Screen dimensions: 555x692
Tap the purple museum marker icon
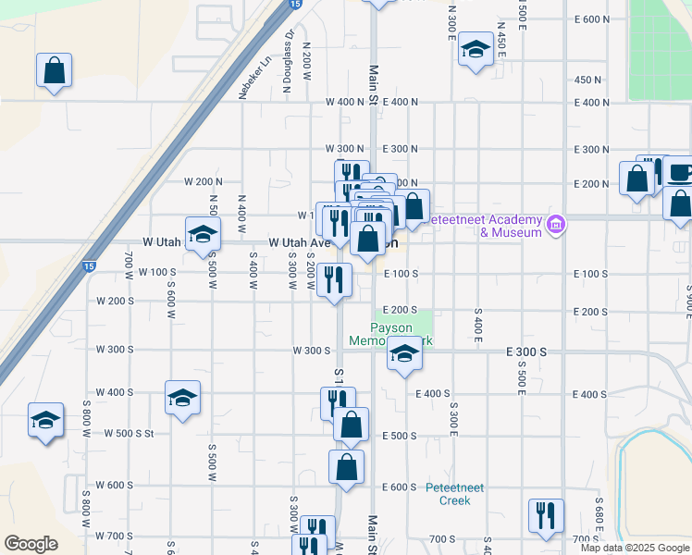click(x=555, y=224)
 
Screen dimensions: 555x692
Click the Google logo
click(x=31, y=544)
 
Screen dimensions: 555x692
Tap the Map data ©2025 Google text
click(x=636, y=548)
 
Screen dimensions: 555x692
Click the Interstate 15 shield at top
click(x=293, y=5)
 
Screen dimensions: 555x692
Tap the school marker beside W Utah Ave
click(x=203, y=233)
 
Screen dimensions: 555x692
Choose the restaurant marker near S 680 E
click(x=546, y=514)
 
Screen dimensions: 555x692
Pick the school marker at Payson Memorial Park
click(x=404, y=354)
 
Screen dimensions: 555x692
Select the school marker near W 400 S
click(x=182, y=398)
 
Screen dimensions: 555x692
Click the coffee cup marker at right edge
click(x=679, y=173)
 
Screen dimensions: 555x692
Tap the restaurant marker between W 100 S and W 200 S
click(x=334, y=279)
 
